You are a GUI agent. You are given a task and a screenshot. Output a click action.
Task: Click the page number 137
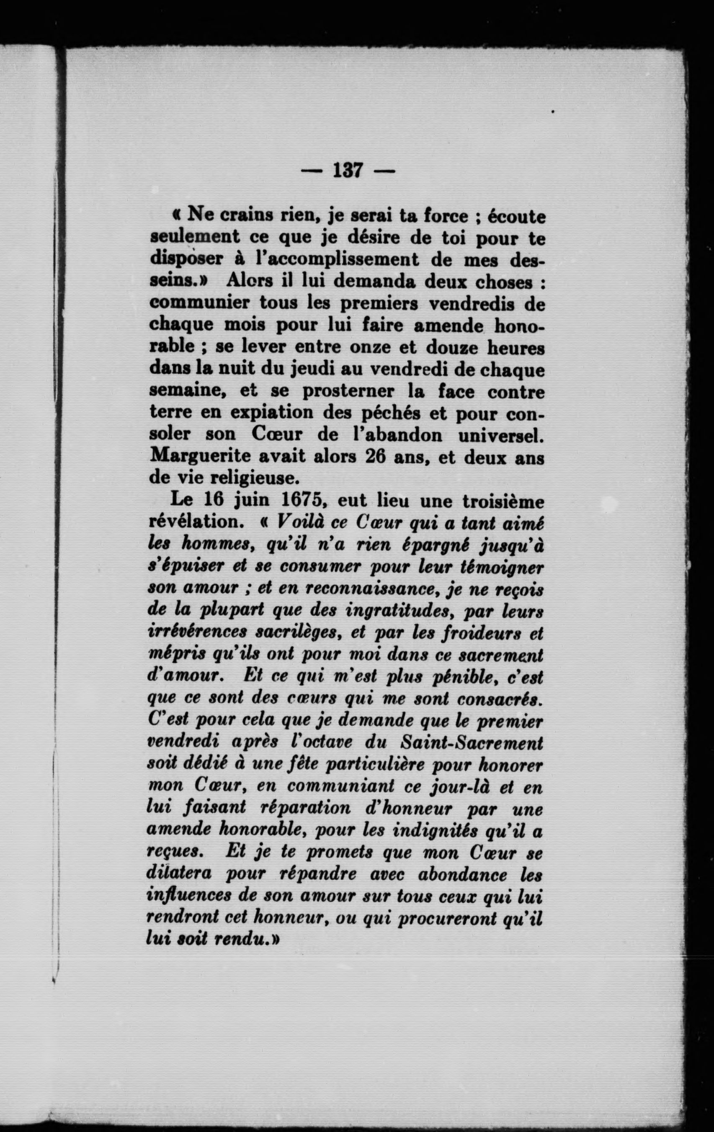coord(347,170)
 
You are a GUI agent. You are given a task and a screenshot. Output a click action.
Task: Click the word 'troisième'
coord(502,501)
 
